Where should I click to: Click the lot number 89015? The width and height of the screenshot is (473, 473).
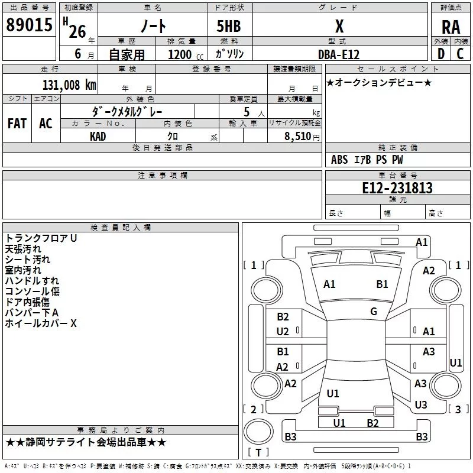click(x=29, y=24)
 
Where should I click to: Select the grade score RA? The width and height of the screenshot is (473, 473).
click(x=451, y=27)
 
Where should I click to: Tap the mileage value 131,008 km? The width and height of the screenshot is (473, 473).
click(x=69, y=85)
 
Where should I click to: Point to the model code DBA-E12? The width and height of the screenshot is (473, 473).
click(x=339, y=54)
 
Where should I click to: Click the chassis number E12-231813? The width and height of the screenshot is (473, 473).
click(x=397, y=187)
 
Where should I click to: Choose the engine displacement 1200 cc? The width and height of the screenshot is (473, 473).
click(x=186, y=54)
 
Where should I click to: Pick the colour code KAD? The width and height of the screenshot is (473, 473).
click(x=98, y=137)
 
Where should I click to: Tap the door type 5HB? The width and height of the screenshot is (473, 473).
click(x=229, y=26)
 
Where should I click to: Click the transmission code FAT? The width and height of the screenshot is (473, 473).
click(x=17, y=123)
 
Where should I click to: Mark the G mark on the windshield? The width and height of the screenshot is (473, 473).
click(x=374, y=311)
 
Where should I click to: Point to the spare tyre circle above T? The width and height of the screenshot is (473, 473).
click(x=258, y=432)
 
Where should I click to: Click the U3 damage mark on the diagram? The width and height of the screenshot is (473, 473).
click(x=421, y=404)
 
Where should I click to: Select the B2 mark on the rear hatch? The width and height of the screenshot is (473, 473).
click(x=372, y=423)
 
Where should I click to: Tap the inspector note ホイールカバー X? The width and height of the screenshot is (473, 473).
click(x=41, y=323)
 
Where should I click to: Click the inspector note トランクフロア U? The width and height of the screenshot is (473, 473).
click(x=41, y=238)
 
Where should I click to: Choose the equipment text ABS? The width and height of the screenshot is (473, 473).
click(x=339, y=160)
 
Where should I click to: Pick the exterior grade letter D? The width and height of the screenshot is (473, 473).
click(x=441, y=54)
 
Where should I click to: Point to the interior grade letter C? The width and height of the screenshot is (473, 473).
click(x=460, y=54)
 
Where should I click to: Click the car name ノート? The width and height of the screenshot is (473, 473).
click(x=153, y=26)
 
